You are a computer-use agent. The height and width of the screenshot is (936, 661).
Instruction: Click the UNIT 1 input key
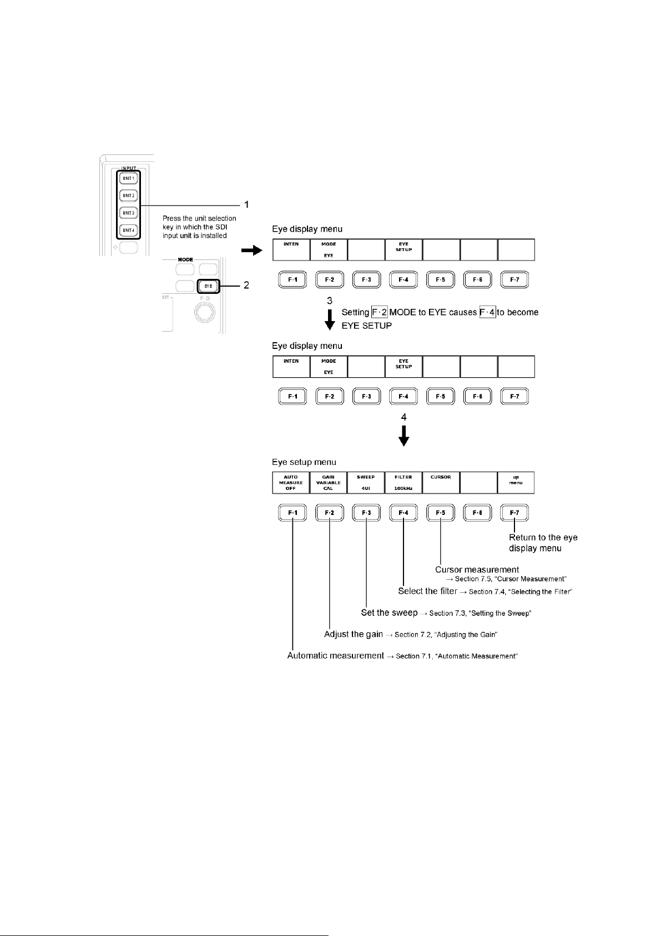(x=129, y=178)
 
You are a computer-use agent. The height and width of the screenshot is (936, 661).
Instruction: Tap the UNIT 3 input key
(x=129, y=213)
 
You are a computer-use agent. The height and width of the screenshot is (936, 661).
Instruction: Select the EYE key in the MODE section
(x=208, y=286)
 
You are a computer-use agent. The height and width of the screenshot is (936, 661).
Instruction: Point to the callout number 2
(x=247, y=286)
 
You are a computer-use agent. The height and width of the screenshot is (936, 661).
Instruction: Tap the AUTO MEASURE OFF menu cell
(x=291, y=483)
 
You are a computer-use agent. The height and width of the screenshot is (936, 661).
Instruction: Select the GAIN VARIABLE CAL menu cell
(x=329, y=483)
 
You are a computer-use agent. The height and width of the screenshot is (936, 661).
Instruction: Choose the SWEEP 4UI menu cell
(x=366, y=483)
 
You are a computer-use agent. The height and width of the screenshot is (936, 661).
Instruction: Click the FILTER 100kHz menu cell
(x=403, y=483)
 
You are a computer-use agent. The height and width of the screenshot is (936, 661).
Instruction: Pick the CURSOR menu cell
(x=441, y=483)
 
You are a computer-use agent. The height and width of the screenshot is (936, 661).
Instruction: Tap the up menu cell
(x=516, y=483)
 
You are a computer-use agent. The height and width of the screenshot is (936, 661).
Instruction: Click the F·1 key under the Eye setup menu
(x=292, y=513)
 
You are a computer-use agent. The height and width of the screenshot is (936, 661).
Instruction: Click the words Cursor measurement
(x=477, y=569)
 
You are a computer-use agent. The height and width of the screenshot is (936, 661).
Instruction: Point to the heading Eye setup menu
(x=304, y=462)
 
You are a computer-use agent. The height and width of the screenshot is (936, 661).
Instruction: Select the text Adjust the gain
(x=354, y=634)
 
